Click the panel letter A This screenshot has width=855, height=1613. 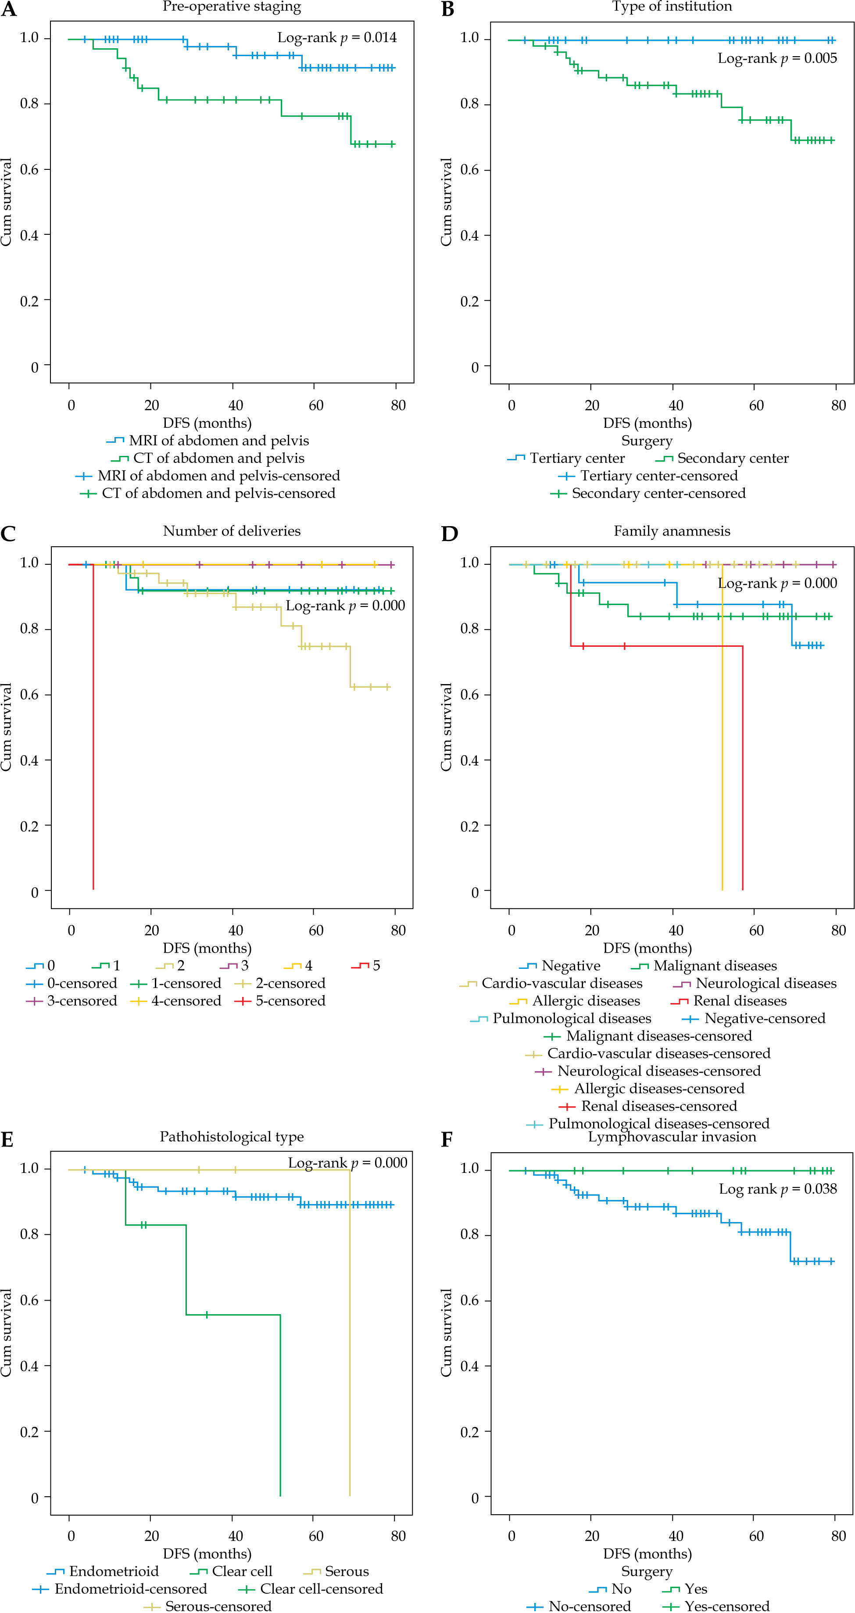[9, 10]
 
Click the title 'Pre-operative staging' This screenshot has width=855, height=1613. [232, 7]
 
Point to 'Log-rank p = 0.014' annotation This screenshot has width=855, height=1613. [337, 38]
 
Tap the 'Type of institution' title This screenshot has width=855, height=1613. [672, 7]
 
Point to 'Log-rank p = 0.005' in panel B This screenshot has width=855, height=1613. [777, 58]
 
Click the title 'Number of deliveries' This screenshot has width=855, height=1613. [232, 531]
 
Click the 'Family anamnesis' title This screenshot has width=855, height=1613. [672, 531]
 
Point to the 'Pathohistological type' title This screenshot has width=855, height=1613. [232, 1136]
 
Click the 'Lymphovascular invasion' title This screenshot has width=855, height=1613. [672, 1136]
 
